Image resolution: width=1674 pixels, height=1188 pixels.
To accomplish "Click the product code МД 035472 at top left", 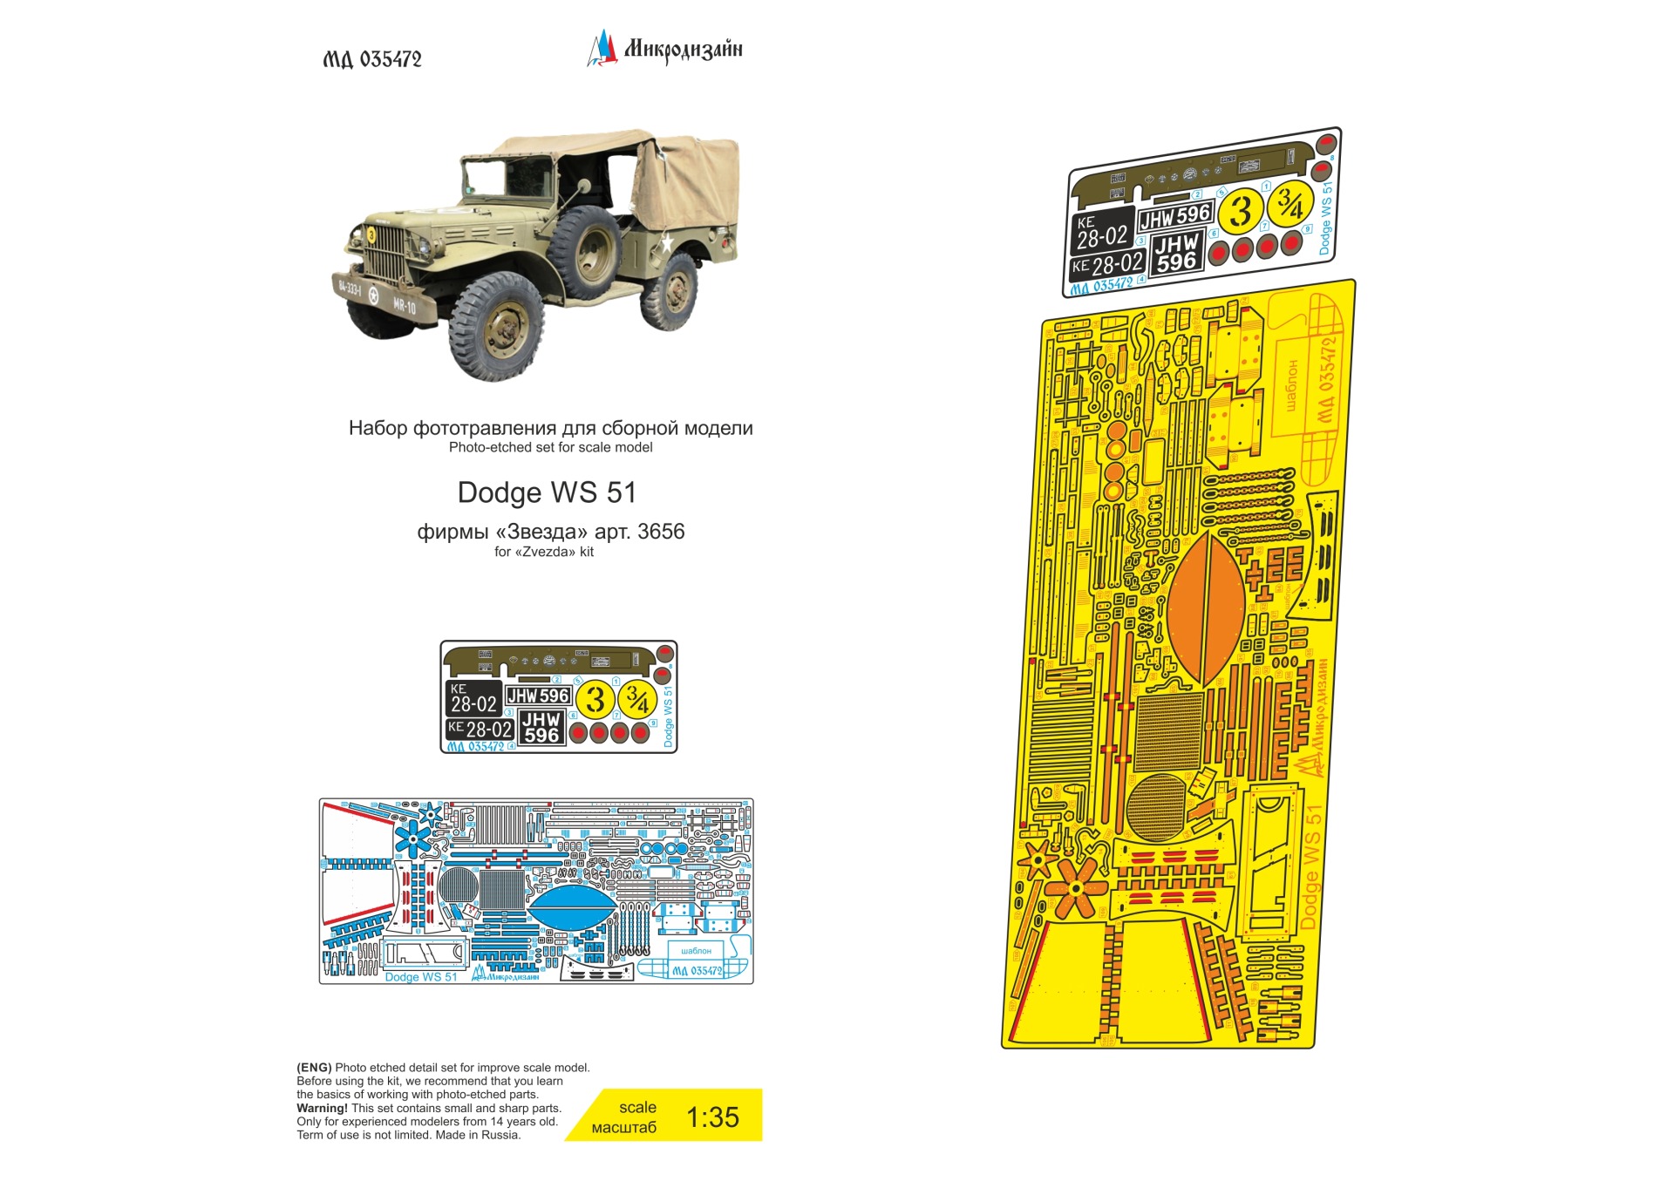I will (372, 59).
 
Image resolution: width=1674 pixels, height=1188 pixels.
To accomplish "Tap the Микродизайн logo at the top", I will (665, 49).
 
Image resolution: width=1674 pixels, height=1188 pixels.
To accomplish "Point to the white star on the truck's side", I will (667, 242).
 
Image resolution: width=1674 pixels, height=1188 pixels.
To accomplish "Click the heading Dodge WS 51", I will (547, 492).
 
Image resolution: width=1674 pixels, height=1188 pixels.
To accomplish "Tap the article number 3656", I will (661, 532).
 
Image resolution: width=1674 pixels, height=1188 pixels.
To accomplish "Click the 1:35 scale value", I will (712, 1117).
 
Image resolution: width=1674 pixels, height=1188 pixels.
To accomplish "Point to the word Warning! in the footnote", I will (322, 1108).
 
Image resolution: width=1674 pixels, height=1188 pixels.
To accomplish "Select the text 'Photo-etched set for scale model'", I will (550, 447).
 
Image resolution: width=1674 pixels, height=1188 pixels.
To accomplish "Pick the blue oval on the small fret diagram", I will (572, 907).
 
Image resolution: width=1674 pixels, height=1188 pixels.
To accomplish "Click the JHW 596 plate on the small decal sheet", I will (538, 696).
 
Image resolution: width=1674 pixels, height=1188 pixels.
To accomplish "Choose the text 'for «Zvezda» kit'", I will (544, 552).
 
